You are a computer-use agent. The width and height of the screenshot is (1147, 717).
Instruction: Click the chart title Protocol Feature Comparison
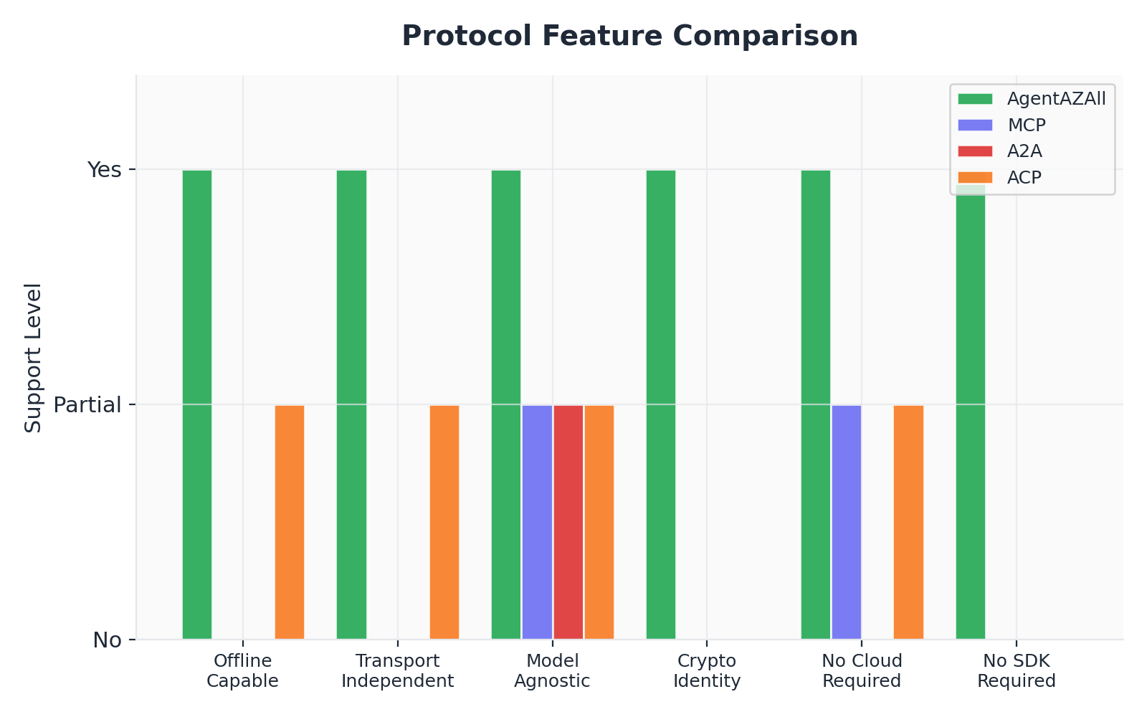point(629,36)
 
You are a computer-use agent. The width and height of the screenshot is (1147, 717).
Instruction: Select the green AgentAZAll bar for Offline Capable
point(197,404)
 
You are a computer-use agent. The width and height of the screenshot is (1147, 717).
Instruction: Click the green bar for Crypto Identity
point(661,404)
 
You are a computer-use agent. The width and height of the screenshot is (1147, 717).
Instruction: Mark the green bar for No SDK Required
point(971,412)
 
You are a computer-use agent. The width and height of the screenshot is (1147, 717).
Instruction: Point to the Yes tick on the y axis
point(105,170)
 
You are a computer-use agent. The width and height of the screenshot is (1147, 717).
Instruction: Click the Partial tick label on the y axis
point(87,405)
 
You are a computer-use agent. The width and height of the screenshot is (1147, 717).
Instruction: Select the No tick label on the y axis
point(108,640)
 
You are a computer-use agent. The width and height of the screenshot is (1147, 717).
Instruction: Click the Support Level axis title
point(33,358)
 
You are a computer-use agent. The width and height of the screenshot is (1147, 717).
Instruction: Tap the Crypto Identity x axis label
point(707,670)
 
